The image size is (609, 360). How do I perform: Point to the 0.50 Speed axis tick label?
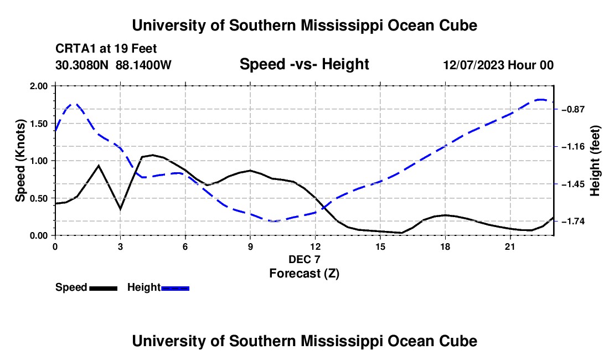coord(38,198)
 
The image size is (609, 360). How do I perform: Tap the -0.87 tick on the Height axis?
coord(573,110)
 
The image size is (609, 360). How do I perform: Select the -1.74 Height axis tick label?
coord(573,222)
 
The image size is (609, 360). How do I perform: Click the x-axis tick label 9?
coord(250,246)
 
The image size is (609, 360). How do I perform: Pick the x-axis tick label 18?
coord(446,246)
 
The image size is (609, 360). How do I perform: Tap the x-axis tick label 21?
coord(510,246)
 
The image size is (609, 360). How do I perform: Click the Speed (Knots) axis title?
coord(20,161)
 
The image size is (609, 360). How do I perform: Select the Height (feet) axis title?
coord(595,161)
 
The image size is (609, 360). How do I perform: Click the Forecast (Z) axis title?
coord(304,274)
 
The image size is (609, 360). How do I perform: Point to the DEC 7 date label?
coord(304,259)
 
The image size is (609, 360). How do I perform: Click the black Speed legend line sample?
coord(104,289)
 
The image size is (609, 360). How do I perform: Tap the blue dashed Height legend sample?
coord(175,289)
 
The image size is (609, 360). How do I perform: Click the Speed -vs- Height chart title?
coord(304,64)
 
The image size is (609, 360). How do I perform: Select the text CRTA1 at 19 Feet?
coord(106,49)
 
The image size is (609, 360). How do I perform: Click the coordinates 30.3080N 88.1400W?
coord(113,65)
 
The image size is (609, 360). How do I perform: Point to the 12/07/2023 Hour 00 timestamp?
coord(498,65)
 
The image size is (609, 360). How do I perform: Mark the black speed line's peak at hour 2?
coord(99,166)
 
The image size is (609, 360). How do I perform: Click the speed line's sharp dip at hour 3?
coord(120,209)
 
